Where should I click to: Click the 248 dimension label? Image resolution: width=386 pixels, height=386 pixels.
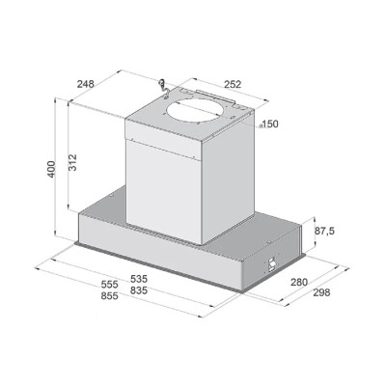[86, 84]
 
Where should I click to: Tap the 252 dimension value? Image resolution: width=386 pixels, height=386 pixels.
[233, 84]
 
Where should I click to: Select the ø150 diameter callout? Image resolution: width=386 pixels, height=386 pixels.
[268, 124]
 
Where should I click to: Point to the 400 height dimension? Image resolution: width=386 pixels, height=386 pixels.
[51, 169]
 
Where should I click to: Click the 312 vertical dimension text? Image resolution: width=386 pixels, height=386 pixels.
[72, 162]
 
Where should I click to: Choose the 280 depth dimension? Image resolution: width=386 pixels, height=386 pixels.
[299, 282]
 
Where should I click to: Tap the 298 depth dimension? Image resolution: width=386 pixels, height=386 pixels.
[321, 292]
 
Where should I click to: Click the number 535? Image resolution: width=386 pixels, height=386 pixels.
[139, 279]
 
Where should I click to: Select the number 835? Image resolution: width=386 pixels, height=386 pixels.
[139, 290]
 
